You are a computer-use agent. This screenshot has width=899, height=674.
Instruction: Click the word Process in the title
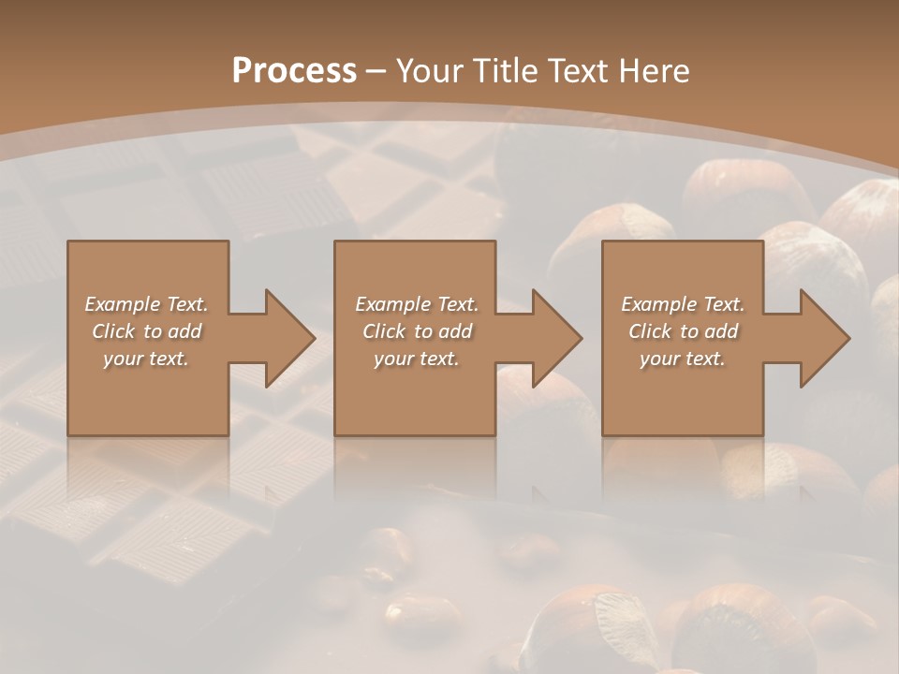(x=294, y=71)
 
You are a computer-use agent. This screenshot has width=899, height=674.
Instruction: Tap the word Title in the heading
(x=502, y=71)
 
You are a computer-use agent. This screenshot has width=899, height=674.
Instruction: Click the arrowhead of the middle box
(x=555, y=338)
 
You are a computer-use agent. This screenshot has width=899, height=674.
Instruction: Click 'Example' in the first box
(x=123, y=304)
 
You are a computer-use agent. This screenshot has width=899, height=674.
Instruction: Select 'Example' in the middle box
(x=392, y=304)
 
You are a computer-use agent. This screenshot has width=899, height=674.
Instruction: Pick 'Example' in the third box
(x=658, y=304)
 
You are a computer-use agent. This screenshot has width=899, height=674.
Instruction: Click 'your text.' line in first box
(x=146, y=359)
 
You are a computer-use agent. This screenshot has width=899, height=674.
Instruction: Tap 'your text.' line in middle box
(x=416, y=359)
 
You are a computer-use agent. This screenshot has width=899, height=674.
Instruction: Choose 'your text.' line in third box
(x=682, y=359)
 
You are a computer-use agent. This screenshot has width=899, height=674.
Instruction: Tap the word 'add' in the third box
(x=722, y=331)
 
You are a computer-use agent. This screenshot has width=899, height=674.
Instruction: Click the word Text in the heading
(x=577, y=71)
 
